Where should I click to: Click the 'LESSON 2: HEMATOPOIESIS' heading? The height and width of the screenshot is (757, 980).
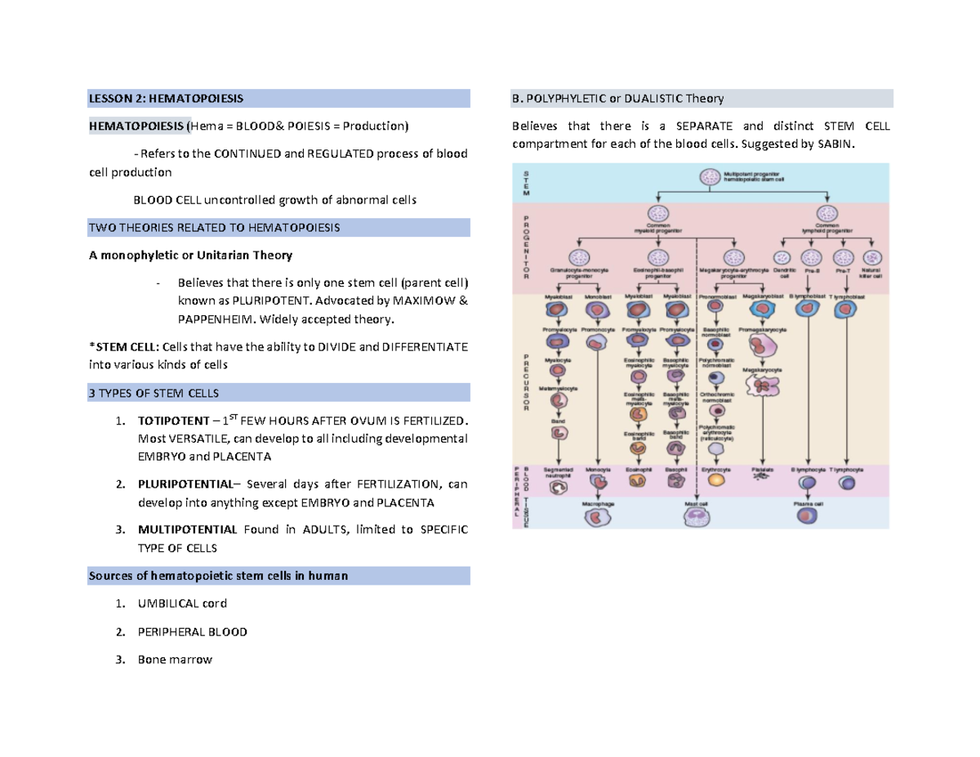(x=166, y=100)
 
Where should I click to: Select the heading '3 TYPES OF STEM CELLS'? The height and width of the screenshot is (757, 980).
(x=154, y=394)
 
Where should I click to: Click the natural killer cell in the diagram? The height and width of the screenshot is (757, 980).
(x=866, y=258)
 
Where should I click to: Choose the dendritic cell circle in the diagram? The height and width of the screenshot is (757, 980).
(x=783, y=258)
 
